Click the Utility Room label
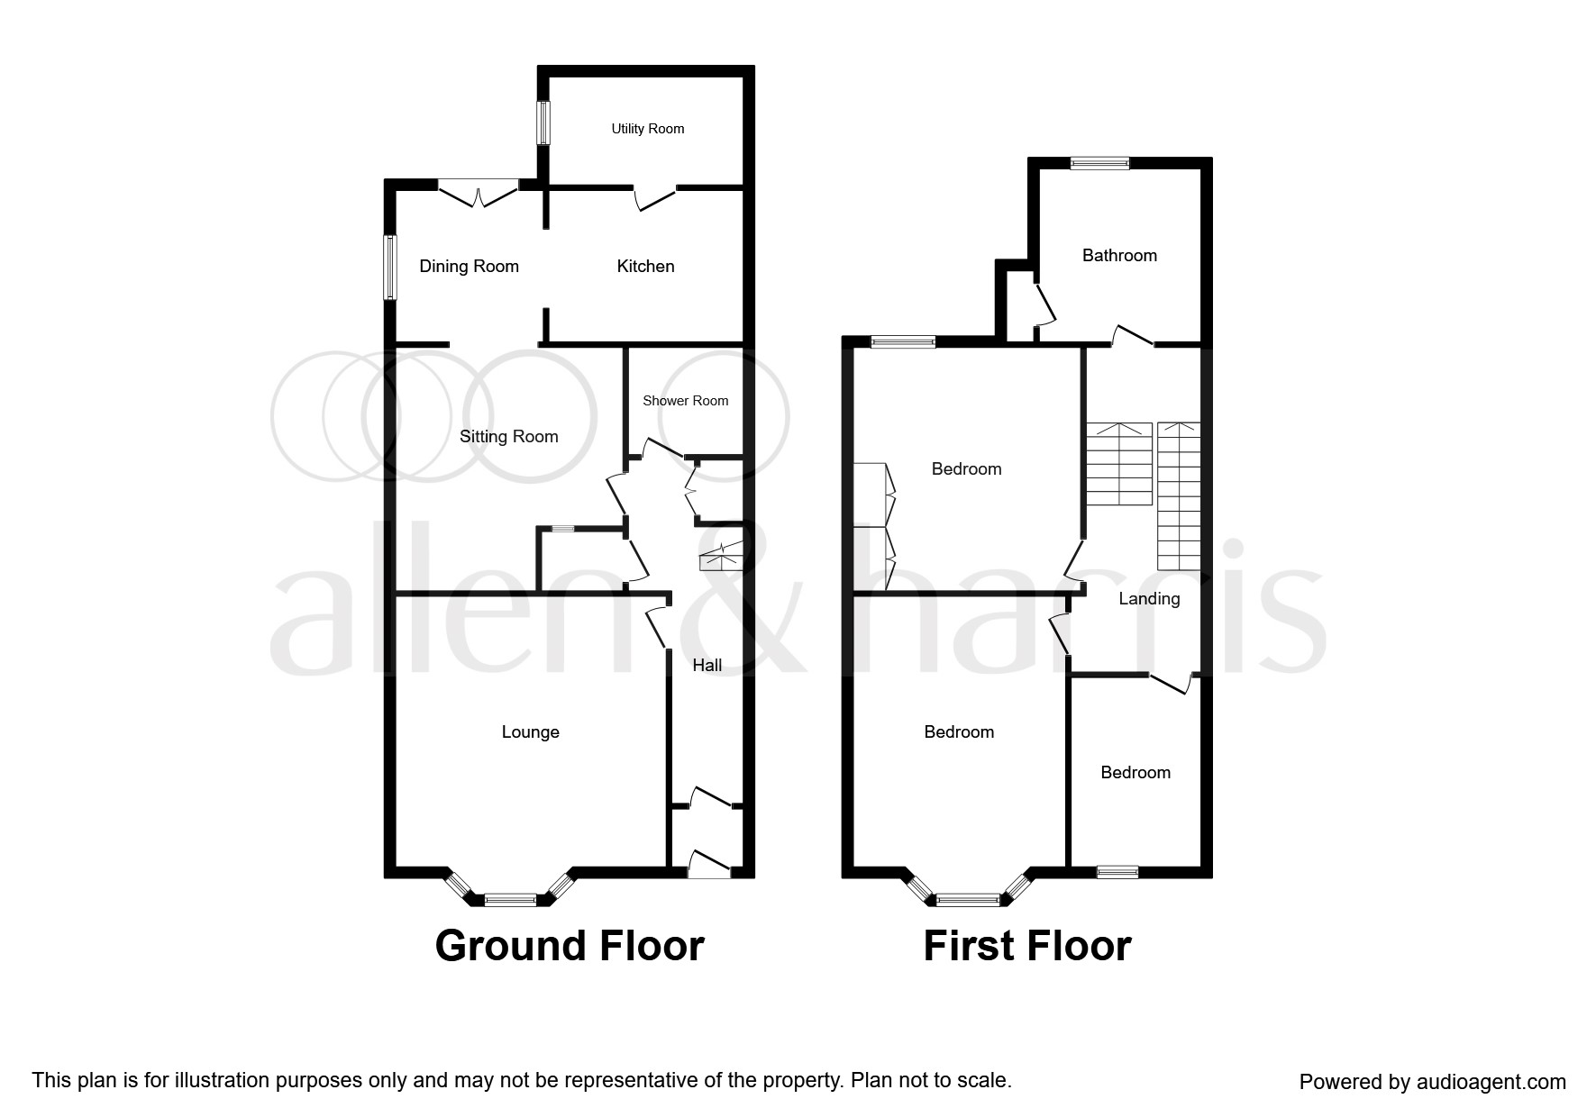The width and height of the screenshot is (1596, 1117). [647, 129]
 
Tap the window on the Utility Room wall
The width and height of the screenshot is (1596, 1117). [543, 122]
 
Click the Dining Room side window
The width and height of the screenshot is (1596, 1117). [389, 268]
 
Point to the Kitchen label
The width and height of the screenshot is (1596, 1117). [645, 266]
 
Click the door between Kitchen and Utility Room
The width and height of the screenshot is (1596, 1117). [654, 195]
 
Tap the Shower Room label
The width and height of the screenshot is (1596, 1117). [685, 401]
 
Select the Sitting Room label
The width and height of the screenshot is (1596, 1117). [508, 437]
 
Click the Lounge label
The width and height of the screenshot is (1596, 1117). [530, 732]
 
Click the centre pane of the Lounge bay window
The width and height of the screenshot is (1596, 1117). [510, 898]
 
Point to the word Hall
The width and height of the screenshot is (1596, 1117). [707, 666]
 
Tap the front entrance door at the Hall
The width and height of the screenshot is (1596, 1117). [709, 865]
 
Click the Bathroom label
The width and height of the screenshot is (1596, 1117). [1119, 256]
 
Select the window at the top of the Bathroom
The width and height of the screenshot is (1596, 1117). [1099, 163]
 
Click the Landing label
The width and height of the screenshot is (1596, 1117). [1148, 599]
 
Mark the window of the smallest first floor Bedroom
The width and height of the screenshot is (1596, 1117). [1117, 871]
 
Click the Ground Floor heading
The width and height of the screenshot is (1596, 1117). [569, 946]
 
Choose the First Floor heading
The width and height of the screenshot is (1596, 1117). [1026, 946]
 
